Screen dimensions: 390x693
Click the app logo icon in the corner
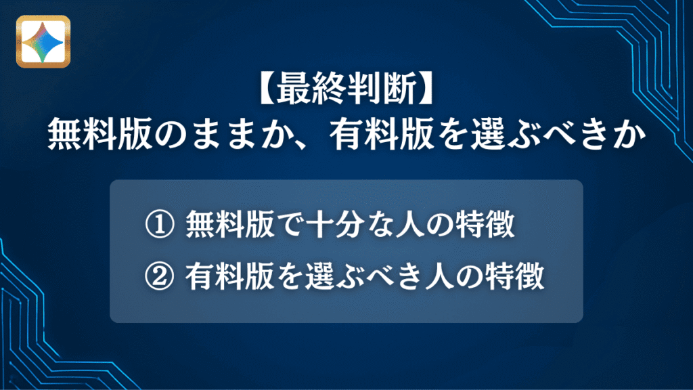43,42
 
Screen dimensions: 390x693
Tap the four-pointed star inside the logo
43,42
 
